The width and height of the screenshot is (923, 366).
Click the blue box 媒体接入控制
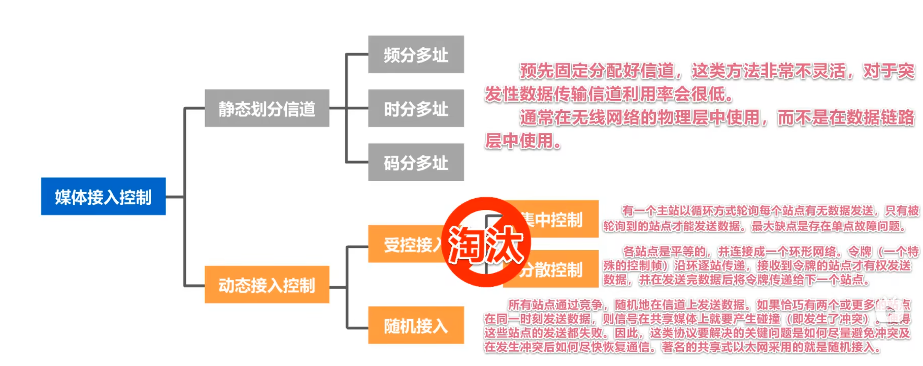tap(103, 196)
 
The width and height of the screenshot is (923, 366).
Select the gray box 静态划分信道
tap(267, 108)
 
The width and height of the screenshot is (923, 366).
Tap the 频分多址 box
tap(416, 54)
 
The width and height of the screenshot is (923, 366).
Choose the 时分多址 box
tap(416, 108)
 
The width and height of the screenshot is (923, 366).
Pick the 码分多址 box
tap(416, 162)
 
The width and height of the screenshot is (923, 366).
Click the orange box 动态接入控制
tap(267, 285)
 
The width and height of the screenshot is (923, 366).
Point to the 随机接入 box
tap(416, 325)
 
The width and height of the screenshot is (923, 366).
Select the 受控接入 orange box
tap(406, 244)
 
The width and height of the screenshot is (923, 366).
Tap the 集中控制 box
tap(558, 219)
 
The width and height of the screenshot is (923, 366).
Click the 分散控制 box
tap(558, 269)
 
